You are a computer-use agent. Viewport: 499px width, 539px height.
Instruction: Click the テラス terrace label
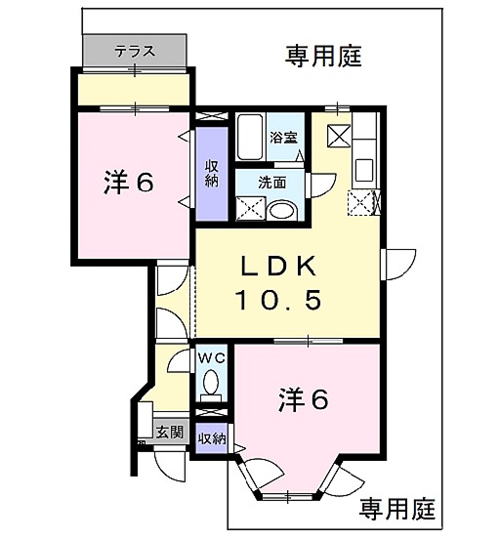(133, 49)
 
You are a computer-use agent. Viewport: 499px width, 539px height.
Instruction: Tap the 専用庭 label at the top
(323, 57)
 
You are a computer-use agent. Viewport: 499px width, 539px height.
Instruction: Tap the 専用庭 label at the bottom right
(396, 508)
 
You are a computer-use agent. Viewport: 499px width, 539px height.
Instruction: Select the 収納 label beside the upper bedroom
(211, 174)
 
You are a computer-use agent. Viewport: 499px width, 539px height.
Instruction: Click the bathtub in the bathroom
(250, 131)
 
